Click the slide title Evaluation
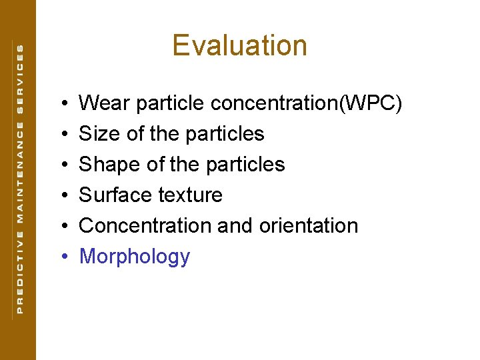coord(239,45)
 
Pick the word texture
coord(190,195)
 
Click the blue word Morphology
coord(135,257)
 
